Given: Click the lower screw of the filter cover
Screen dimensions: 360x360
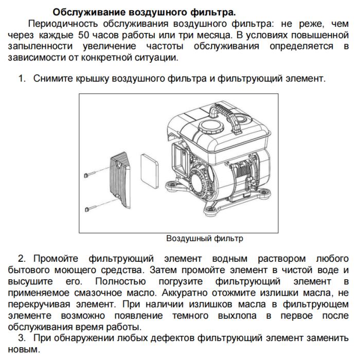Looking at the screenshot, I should point(91,208).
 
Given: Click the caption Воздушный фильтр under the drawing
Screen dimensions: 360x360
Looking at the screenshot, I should point(204,239).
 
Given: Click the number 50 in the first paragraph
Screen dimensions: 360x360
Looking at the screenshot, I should point(84,35).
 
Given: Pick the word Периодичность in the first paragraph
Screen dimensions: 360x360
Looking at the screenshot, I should point(63,24).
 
